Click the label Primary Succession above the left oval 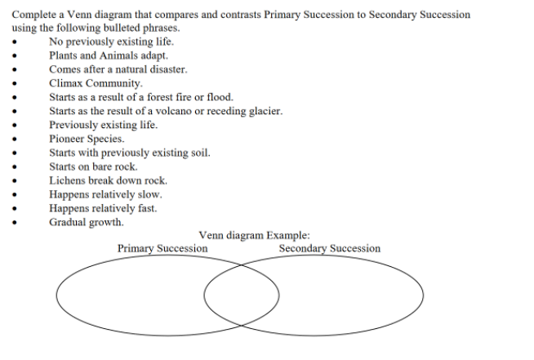pos(162,248)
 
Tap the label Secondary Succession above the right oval pos(329,248)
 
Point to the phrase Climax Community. pos(96,83)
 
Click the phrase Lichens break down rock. pos(108,180)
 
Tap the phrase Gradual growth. pos(87,222)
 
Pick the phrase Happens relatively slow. pos(105,194)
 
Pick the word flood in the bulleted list pos(220,97)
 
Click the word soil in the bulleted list pos(201,153)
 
